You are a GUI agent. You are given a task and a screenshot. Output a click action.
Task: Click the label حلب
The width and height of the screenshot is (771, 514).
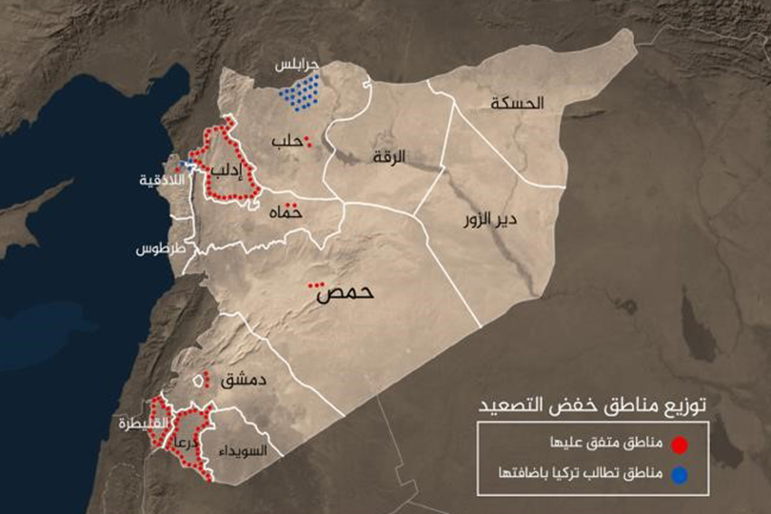(287, 143)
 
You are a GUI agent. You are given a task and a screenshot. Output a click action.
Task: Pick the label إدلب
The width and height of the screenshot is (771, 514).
(229, 170)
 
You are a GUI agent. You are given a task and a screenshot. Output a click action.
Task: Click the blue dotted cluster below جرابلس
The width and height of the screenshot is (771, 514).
(303, 91)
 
